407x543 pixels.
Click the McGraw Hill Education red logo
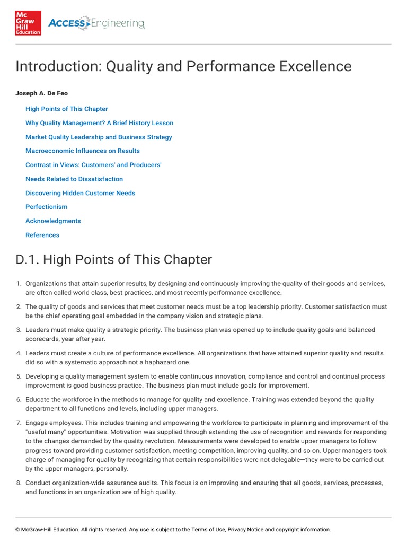[x=28, y=23]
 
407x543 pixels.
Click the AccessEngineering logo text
[x=96, y=23]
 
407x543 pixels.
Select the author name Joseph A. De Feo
[x=42, y=93]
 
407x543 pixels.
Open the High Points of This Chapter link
[x=67, y=109]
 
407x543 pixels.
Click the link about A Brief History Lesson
[x=99, y=123]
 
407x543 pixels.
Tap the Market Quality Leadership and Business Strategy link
[x=99, y=137]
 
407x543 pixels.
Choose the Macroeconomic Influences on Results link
[x=83, y=151]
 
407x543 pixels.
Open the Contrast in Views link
[x=93, y=165]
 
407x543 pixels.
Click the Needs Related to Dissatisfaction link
[x=74, y=179]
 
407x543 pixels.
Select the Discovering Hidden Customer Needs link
[x=80, y=193]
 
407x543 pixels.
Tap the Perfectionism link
[x=47, y=207]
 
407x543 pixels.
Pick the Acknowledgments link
[x=53, y=221]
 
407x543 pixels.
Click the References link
[x=42, y=235]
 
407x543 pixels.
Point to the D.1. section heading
[x=113, y=260]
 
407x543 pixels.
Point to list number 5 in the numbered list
[x=19, y=376]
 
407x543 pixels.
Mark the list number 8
[x=19, y=484]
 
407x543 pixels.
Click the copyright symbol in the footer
[x=17, y=530]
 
